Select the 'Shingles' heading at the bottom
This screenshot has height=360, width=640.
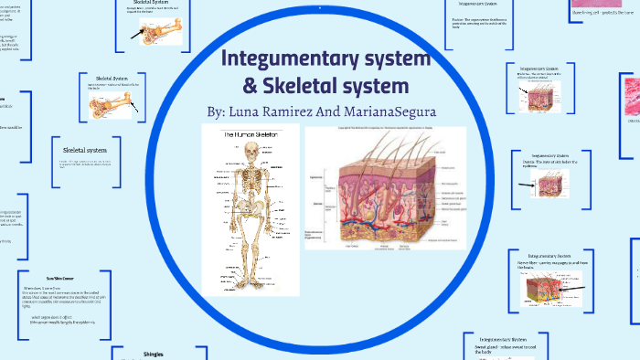point(154,353)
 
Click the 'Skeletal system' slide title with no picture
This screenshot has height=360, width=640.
point(85,150)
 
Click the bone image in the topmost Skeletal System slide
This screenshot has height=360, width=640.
point(157,29)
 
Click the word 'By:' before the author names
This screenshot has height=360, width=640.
point(216,111)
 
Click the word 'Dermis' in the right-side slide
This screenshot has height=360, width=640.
point(537,161)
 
